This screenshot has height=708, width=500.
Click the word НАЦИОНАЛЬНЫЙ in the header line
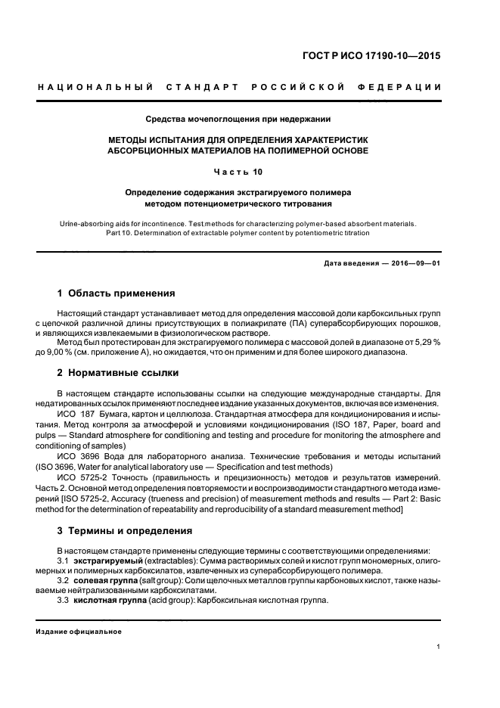pos(95,87)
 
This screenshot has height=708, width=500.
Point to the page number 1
pos(439,647)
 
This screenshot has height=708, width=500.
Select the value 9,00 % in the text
pos(78,352)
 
